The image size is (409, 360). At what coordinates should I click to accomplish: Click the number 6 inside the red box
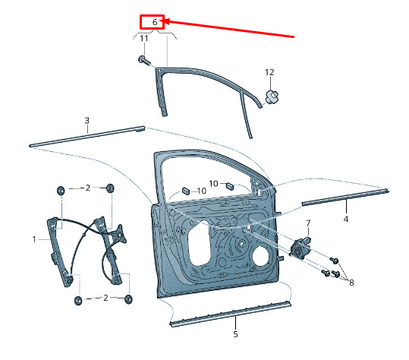click(x=155, y=22)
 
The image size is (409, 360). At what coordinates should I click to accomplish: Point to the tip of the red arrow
click(x=164, y=21)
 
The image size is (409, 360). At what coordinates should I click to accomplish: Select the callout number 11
click(x=144, y=39)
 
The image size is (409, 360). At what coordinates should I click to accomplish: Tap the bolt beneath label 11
click(x=144, y=61)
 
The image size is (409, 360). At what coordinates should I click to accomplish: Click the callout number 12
click(x=269, y=72)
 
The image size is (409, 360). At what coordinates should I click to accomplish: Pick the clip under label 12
click(x=272, y=97)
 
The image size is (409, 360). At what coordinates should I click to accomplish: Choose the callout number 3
click(x=87, y=121)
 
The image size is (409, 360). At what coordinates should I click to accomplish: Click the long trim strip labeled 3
click(x=87, y=136)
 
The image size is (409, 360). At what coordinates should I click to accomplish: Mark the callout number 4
click(x=345, y=219)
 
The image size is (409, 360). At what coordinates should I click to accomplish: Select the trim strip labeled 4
click(x=345, y=197)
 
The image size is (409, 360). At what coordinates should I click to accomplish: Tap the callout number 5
click(x=235, y=334)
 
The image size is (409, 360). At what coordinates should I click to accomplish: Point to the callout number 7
click(x=308, y=223)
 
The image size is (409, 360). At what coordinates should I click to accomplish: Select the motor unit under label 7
click(x=300, y=248)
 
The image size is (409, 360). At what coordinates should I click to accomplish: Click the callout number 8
click(x=351, y=283)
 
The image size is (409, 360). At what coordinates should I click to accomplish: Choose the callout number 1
click(x=34, y=239)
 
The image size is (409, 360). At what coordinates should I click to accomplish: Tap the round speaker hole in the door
click(x=262, y=256)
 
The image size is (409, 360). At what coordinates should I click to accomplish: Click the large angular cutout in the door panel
click(x=200, y=243)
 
